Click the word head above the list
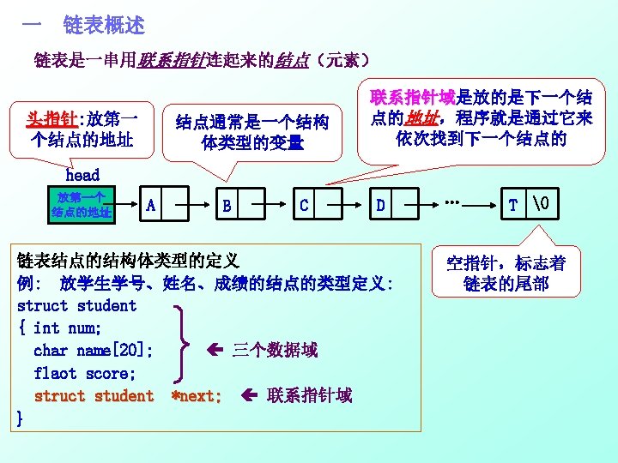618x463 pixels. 82,175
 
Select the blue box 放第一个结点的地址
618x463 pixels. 82,205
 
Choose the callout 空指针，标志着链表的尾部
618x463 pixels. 506,273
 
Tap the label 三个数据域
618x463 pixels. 275,350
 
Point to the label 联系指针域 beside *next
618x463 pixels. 309,395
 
